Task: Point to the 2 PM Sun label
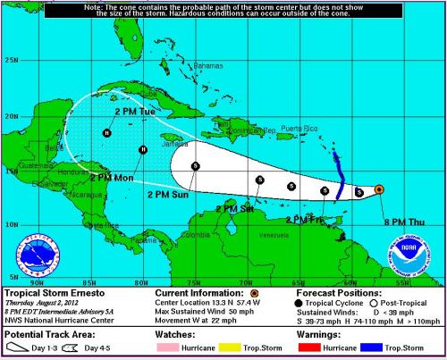coord(167,194)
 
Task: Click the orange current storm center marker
coord(379,189)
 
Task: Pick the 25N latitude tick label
coord(12,60)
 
